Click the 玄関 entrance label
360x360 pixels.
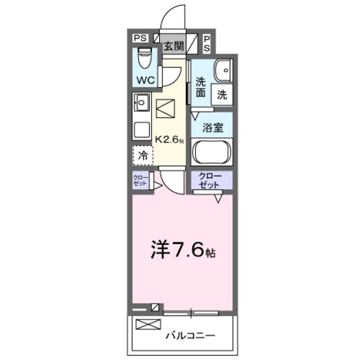point(173,46)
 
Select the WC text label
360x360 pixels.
point(146,80)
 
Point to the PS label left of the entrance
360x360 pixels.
point(140,38)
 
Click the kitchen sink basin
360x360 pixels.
point(141,103)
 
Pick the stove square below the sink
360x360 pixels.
point(141,130)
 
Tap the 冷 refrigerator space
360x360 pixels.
point(143,155)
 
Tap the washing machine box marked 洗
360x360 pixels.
point(222,95)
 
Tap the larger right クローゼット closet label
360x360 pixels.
point(211,181)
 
